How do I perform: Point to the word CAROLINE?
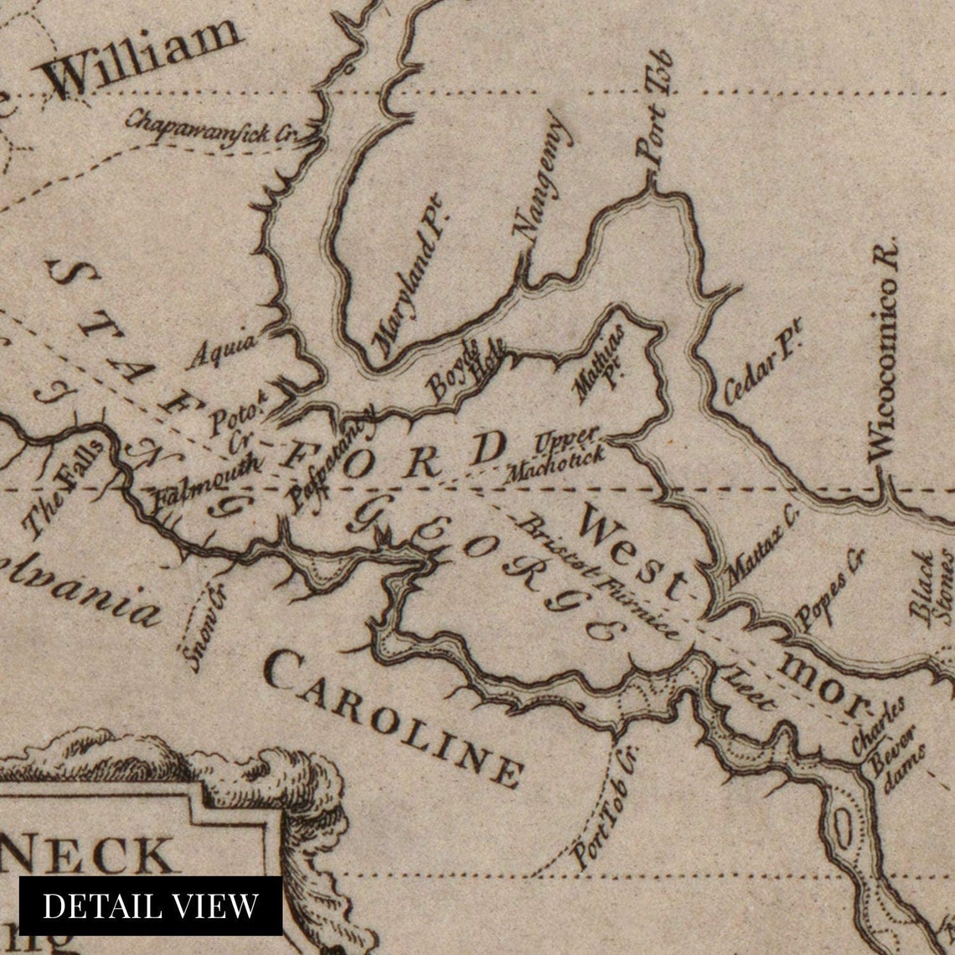point(392,717)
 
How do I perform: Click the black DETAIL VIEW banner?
point(151,906)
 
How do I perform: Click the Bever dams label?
point(900,761)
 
